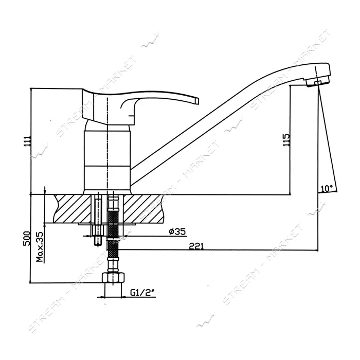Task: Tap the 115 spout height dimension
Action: point(286,140)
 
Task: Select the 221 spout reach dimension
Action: point(196,246)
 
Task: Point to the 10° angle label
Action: point(327,189)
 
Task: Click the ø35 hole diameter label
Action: point(177,231)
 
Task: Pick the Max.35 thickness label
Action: point(40,247)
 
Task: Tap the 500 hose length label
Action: point(27,238)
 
